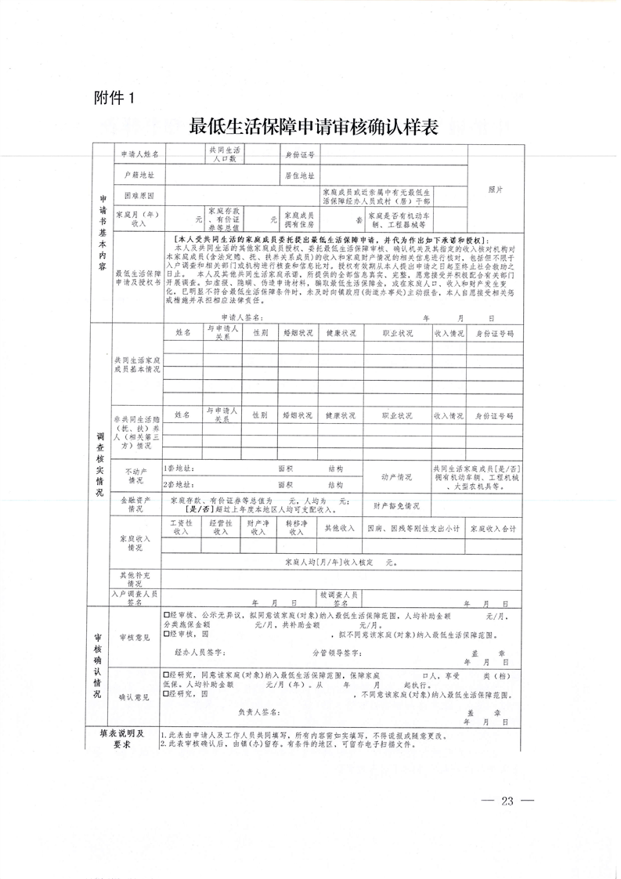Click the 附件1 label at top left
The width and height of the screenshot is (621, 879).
pos(115,99)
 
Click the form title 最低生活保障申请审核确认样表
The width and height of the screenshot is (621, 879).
pos(312,126)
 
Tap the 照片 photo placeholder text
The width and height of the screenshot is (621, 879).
pos(495,190)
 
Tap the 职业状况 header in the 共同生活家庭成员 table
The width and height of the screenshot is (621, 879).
pos(396,333)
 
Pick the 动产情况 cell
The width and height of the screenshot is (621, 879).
pos(396,476)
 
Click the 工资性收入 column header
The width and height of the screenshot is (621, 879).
pos(182,527)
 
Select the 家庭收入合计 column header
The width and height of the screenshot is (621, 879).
pos(493,528)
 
